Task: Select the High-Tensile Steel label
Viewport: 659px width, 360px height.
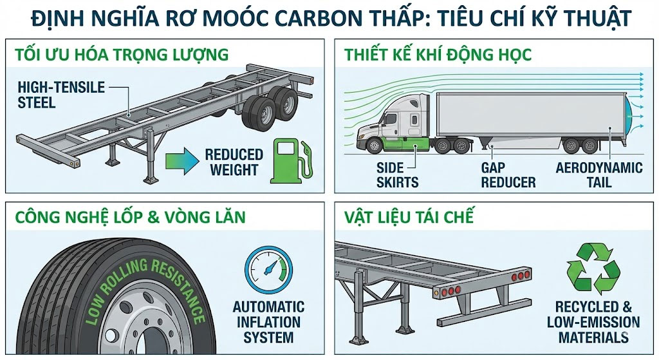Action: click(x=61, y=94)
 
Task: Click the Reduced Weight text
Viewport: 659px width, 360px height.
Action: click(x=234, y=162)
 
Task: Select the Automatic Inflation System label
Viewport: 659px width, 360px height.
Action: click(x=268, y=321)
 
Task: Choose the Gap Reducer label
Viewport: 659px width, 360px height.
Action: click(x=508, y=175)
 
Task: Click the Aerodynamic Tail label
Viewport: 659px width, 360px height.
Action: click(x=599, y=175)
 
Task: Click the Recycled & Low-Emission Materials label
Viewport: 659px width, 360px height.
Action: click(x=593, y=321)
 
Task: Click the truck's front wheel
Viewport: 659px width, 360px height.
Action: click(x=375, y=146)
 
